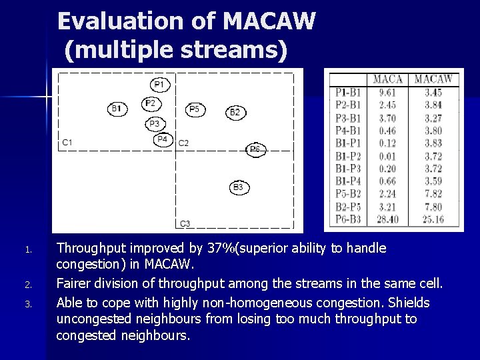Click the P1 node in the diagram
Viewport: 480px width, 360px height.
coord(160,85)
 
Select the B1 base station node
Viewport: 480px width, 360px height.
coord(117,108)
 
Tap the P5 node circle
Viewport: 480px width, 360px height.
coord(195,109)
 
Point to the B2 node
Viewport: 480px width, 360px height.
coord(235,112)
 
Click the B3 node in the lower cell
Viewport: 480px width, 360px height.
coord(238,187)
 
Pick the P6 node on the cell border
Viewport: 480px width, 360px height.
coord(256,150)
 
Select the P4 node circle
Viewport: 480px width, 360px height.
coord(163,139)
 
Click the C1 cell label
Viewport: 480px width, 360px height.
coord(68,143)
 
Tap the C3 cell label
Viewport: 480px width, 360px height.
coord(185,223)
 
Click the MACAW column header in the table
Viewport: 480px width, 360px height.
coord(433,79)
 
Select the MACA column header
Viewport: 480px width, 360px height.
coord(387,79)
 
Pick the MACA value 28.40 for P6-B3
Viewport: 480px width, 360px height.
coord(387,219)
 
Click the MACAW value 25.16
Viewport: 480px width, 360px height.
coord(433,219)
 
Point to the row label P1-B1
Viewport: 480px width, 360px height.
coord(349,93)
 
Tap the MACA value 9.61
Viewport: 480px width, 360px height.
coord(387,93)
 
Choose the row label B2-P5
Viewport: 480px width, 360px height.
coord(349,207)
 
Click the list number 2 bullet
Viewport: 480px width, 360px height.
coord(28,285)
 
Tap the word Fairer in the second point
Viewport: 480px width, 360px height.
coord(76,285)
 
